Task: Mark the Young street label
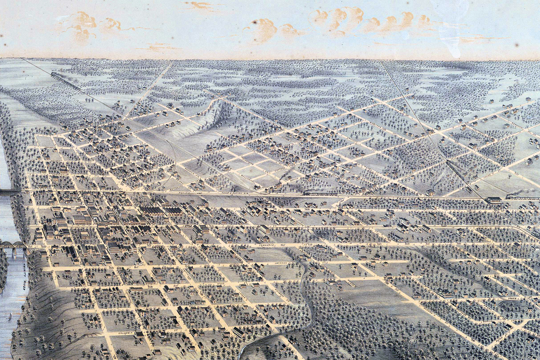point(512,298)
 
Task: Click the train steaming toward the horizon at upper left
point(60,77)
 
